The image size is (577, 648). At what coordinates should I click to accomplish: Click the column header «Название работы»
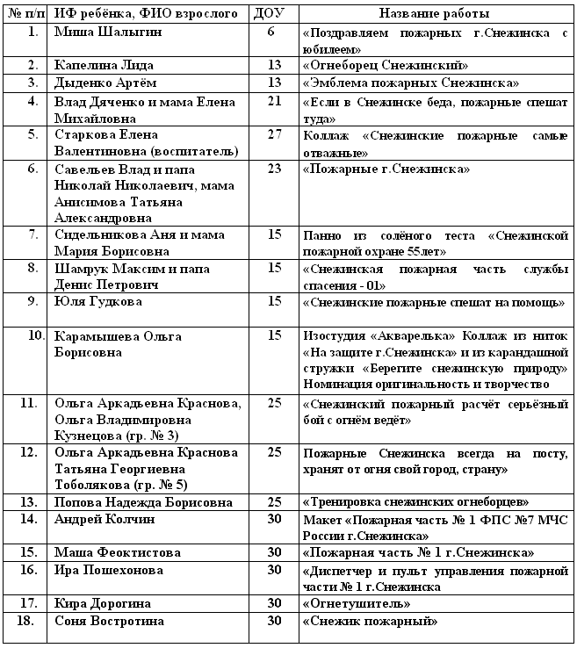pyautogui.click(x=435, y=14)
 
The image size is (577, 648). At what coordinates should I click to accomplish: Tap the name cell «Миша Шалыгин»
pyautogui.click(x=103, y=32)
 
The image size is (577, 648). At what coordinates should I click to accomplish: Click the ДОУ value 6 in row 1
pyautogui.click(x=270, y=32)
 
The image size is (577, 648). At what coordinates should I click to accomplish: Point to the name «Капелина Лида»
pyautogui.click(x=99, y=65)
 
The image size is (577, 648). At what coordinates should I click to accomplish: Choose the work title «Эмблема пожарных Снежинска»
pyautogui.click(x=410, y=82)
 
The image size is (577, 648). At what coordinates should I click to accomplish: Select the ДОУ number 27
pyautogui.click(x=274, y=134)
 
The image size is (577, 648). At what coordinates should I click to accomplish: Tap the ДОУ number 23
pyautogui.click(x=274, y=168)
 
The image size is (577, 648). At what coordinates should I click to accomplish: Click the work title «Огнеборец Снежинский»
pyautogui.click(x=384, y=65)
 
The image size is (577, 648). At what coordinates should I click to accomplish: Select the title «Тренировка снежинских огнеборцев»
pyautogui.click(x=415, y=502)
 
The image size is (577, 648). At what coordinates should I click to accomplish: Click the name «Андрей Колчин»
pyautogui.click(x=104, y=519)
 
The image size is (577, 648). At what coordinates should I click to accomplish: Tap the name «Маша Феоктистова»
pyautogui.click(x=117, y=552)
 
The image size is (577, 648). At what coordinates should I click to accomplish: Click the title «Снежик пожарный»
pyautogui.click(x=370, y=621)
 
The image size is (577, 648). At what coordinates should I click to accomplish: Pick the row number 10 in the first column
pyautogui.click(x=33, y=335)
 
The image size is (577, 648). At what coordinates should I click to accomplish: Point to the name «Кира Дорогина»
pyautogui.click(x=102, y=603)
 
